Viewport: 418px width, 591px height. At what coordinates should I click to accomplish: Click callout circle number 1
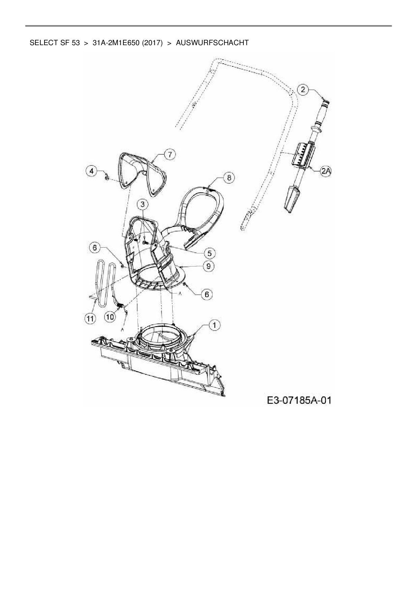pyautogui.click(x=214, y=325)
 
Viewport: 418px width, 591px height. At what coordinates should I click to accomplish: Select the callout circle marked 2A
pyautogui.click(x=326, y=171)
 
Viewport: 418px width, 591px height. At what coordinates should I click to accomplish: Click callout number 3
pyautogui.click(x=143, y=204)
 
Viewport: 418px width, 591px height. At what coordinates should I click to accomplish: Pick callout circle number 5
pyautogui.click(x=209, y=253)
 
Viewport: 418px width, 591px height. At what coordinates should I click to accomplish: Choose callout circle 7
pyautogui.click(x=170, y=155)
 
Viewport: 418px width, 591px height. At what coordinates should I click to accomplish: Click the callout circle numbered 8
pyautogui.click(x=229, y=178)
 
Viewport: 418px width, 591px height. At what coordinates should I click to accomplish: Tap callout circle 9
pyautogui.click(x=209, y=266)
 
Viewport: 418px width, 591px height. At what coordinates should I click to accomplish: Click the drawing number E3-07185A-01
pyautogui.click(x=299, y=400)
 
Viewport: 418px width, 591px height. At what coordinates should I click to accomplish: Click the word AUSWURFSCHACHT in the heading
pyautogui.click(x=212, y=43)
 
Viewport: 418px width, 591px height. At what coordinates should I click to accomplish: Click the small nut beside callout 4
pyautogui.click(x=106, y=178)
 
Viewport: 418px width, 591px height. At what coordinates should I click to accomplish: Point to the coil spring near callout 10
pyautogui.click(x=120, y=305)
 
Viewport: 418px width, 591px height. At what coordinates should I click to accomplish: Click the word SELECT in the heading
pyautogui.click(x=41, y=43)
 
